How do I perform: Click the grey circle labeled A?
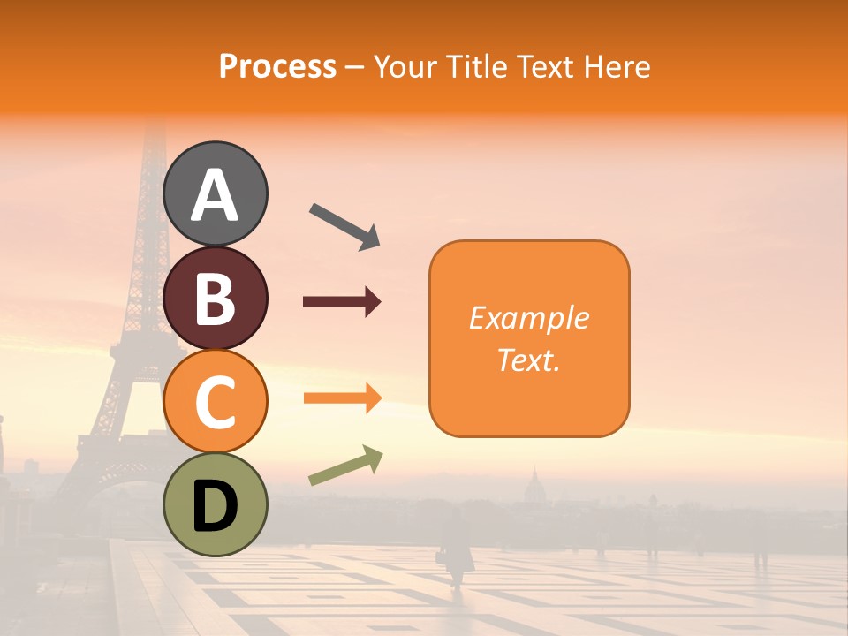pyautogui.click(x=216, y=193)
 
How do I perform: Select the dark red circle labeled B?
pyautogui.click(x=216, y=298)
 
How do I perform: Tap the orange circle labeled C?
pyautogui.click(x=216, y=401)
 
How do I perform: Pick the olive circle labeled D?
pyautogui.click(x=216, y=504)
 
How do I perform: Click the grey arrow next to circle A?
pyautogui.click(x=344, y=226)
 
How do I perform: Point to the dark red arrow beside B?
pyautogui.click(x=342, y=302)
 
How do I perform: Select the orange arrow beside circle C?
pyautogui.click(x=342, y=398)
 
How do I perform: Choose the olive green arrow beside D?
pyautogui.click(x=345, y=466)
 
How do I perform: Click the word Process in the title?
pyautogui.click(x=277, y=67)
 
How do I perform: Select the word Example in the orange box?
pyautogui.click(x=529, y=318)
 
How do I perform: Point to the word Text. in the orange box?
pyautogui.click(x=529, y=360)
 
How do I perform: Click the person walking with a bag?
pyautogui.click(x=456, y=548)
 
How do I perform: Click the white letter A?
pyautogui.click(x=216, y=194)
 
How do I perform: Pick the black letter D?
pyautogui.click(x=216, y=506)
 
